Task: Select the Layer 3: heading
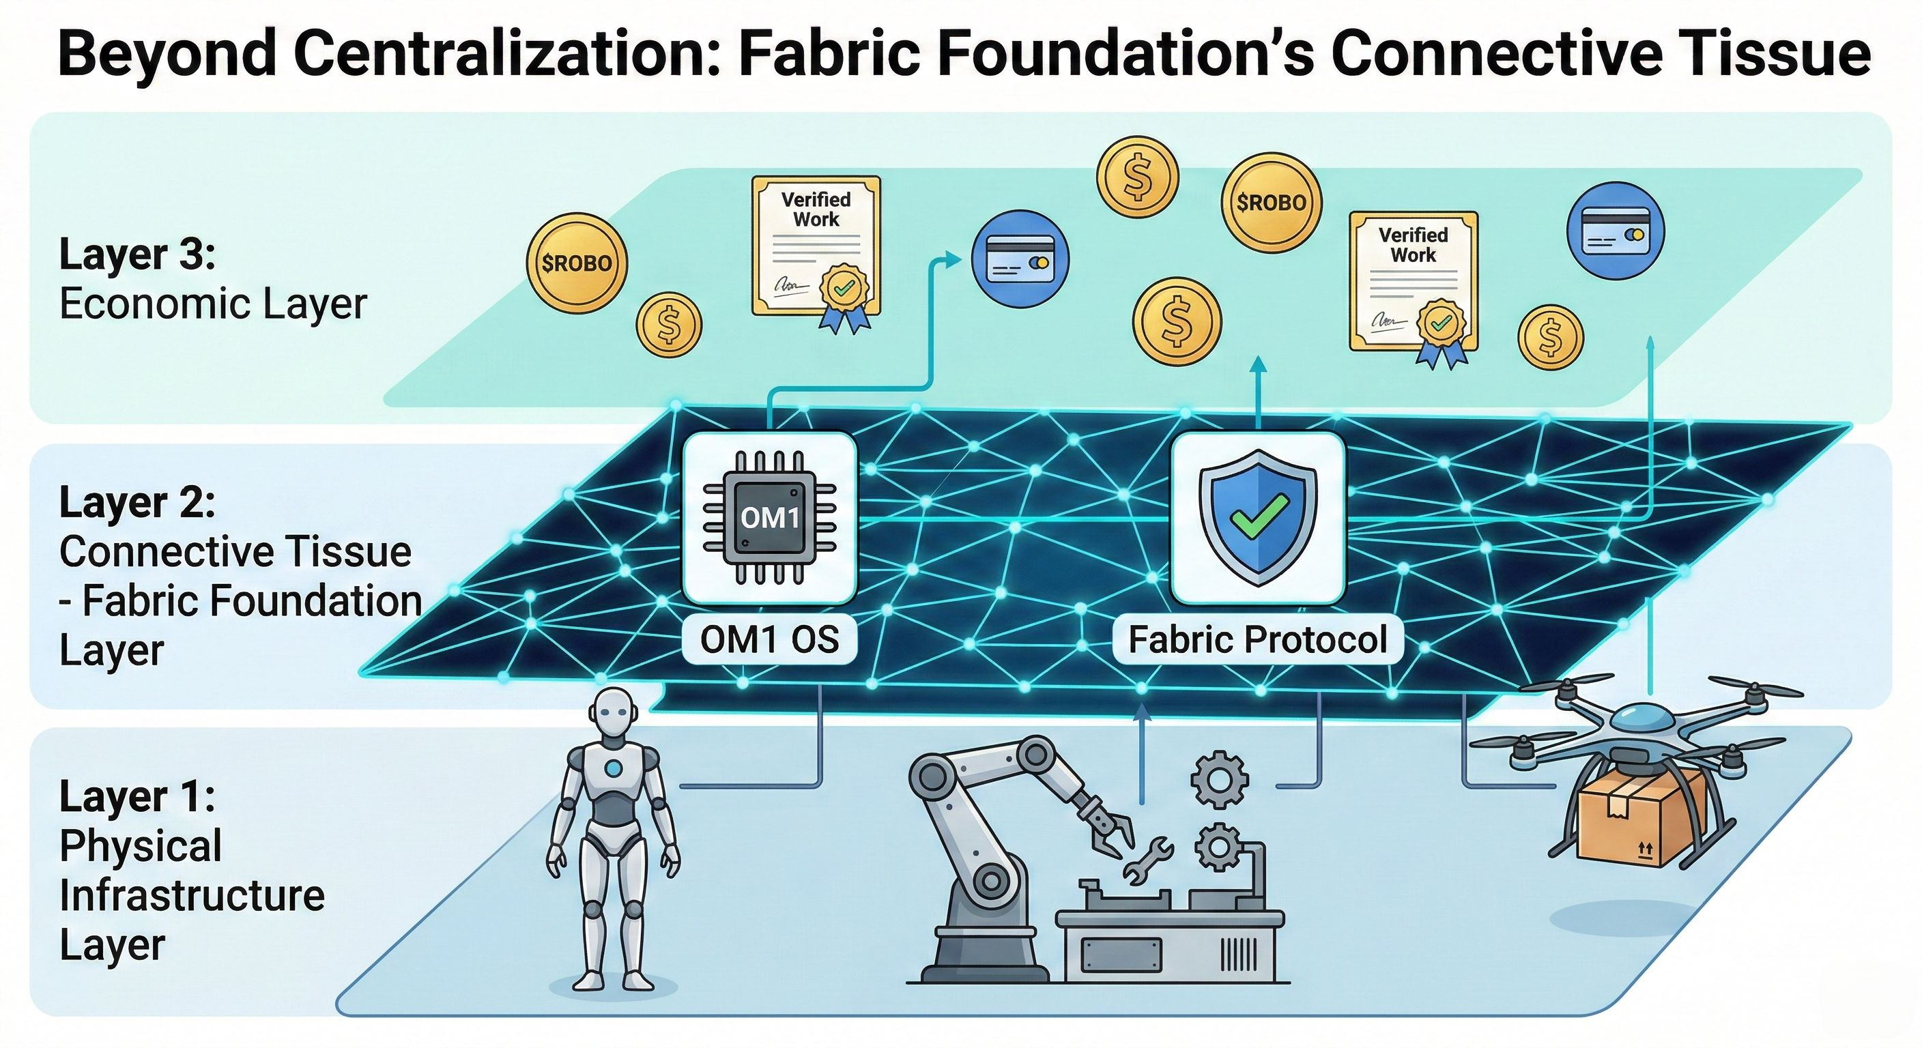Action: tap(137, 254)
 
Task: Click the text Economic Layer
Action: tap(213, 304)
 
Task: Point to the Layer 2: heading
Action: tap(137, 502)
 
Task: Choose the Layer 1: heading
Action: tap(137, 797)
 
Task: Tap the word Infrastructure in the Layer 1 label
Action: tap(192, 895)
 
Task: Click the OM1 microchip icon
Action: tap(769, 517)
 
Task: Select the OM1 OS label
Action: tap(769, 639)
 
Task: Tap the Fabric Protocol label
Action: tap(1257, 639)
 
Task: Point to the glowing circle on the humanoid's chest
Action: tap(614, 768)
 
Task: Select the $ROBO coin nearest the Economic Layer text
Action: tap(576, 263)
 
